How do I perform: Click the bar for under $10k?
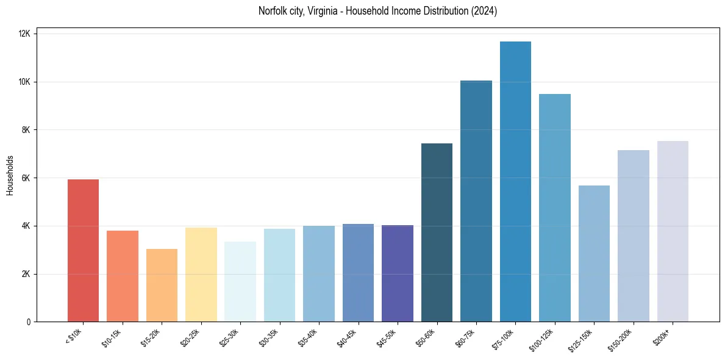(x=83, y=250)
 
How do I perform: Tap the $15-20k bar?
(x=162, y=285)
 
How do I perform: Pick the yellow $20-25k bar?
(x=201, y=275)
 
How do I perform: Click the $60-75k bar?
(x=476, y=201)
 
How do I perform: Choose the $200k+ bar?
(x=673, y=231)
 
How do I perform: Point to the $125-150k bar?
(x=594, y=253)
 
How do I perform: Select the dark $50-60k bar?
(x=437, y=232)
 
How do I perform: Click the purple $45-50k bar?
(x=398, y=273)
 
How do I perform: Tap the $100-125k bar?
(x=555, y=207)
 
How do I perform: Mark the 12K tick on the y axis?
(x=24, y=34)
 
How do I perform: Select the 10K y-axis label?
(x=24, y=82)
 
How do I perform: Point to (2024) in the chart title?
(x=484, y=11)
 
